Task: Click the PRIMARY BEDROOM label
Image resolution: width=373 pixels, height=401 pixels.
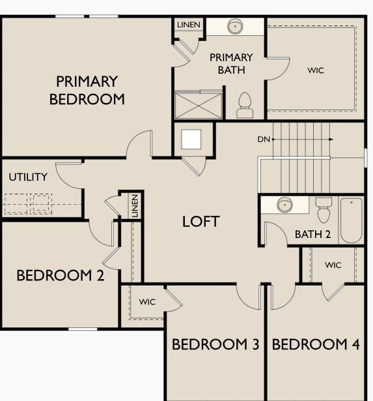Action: click(87, 91)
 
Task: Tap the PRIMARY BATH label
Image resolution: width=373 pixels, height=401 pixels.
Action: click(231, 64)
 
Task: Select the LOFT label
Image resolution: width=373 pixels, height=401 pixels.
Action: click(200, 221)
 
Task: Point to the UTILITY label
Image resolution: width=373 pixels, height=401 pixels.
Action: click(28, 177)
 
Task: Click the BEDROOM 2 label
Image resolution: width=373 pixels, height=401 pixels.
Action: click(60, 275)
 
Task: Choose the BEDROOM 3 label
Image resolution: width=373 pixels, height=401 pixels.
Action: click(215, 344)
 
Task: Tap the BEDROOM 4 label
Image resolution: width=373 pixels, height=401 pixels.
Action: click(316, 344)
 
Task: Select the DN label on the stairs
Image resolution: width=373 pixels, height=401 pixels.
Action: click(263, 139)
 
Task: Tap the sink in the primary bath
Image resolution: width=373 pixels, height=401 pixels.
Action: click(236, 27)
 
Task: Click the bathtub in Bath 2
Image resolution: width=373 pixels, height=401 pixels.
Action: click(351, 220)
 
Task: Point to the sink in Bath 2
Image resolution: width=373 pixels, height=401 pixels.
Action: click(284, 205)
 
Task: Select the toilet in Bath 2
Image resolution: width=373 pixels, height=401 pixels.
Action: click(323, 211)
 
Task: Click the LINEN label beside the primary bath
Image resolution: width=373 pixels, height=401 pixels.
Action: click(189, 25)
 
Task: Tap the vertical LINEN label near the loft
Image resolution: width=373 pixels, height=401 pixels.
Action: click(135, 206)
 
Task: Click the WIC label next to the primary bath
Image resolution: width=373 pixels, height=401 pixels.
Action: click(316, 70)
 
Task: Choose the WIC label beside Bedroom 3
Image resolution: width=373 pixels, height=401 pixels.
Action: click(146, 302)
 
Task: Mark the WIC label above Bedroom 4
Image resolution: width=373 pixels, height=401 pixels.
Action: click(333, 265)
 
